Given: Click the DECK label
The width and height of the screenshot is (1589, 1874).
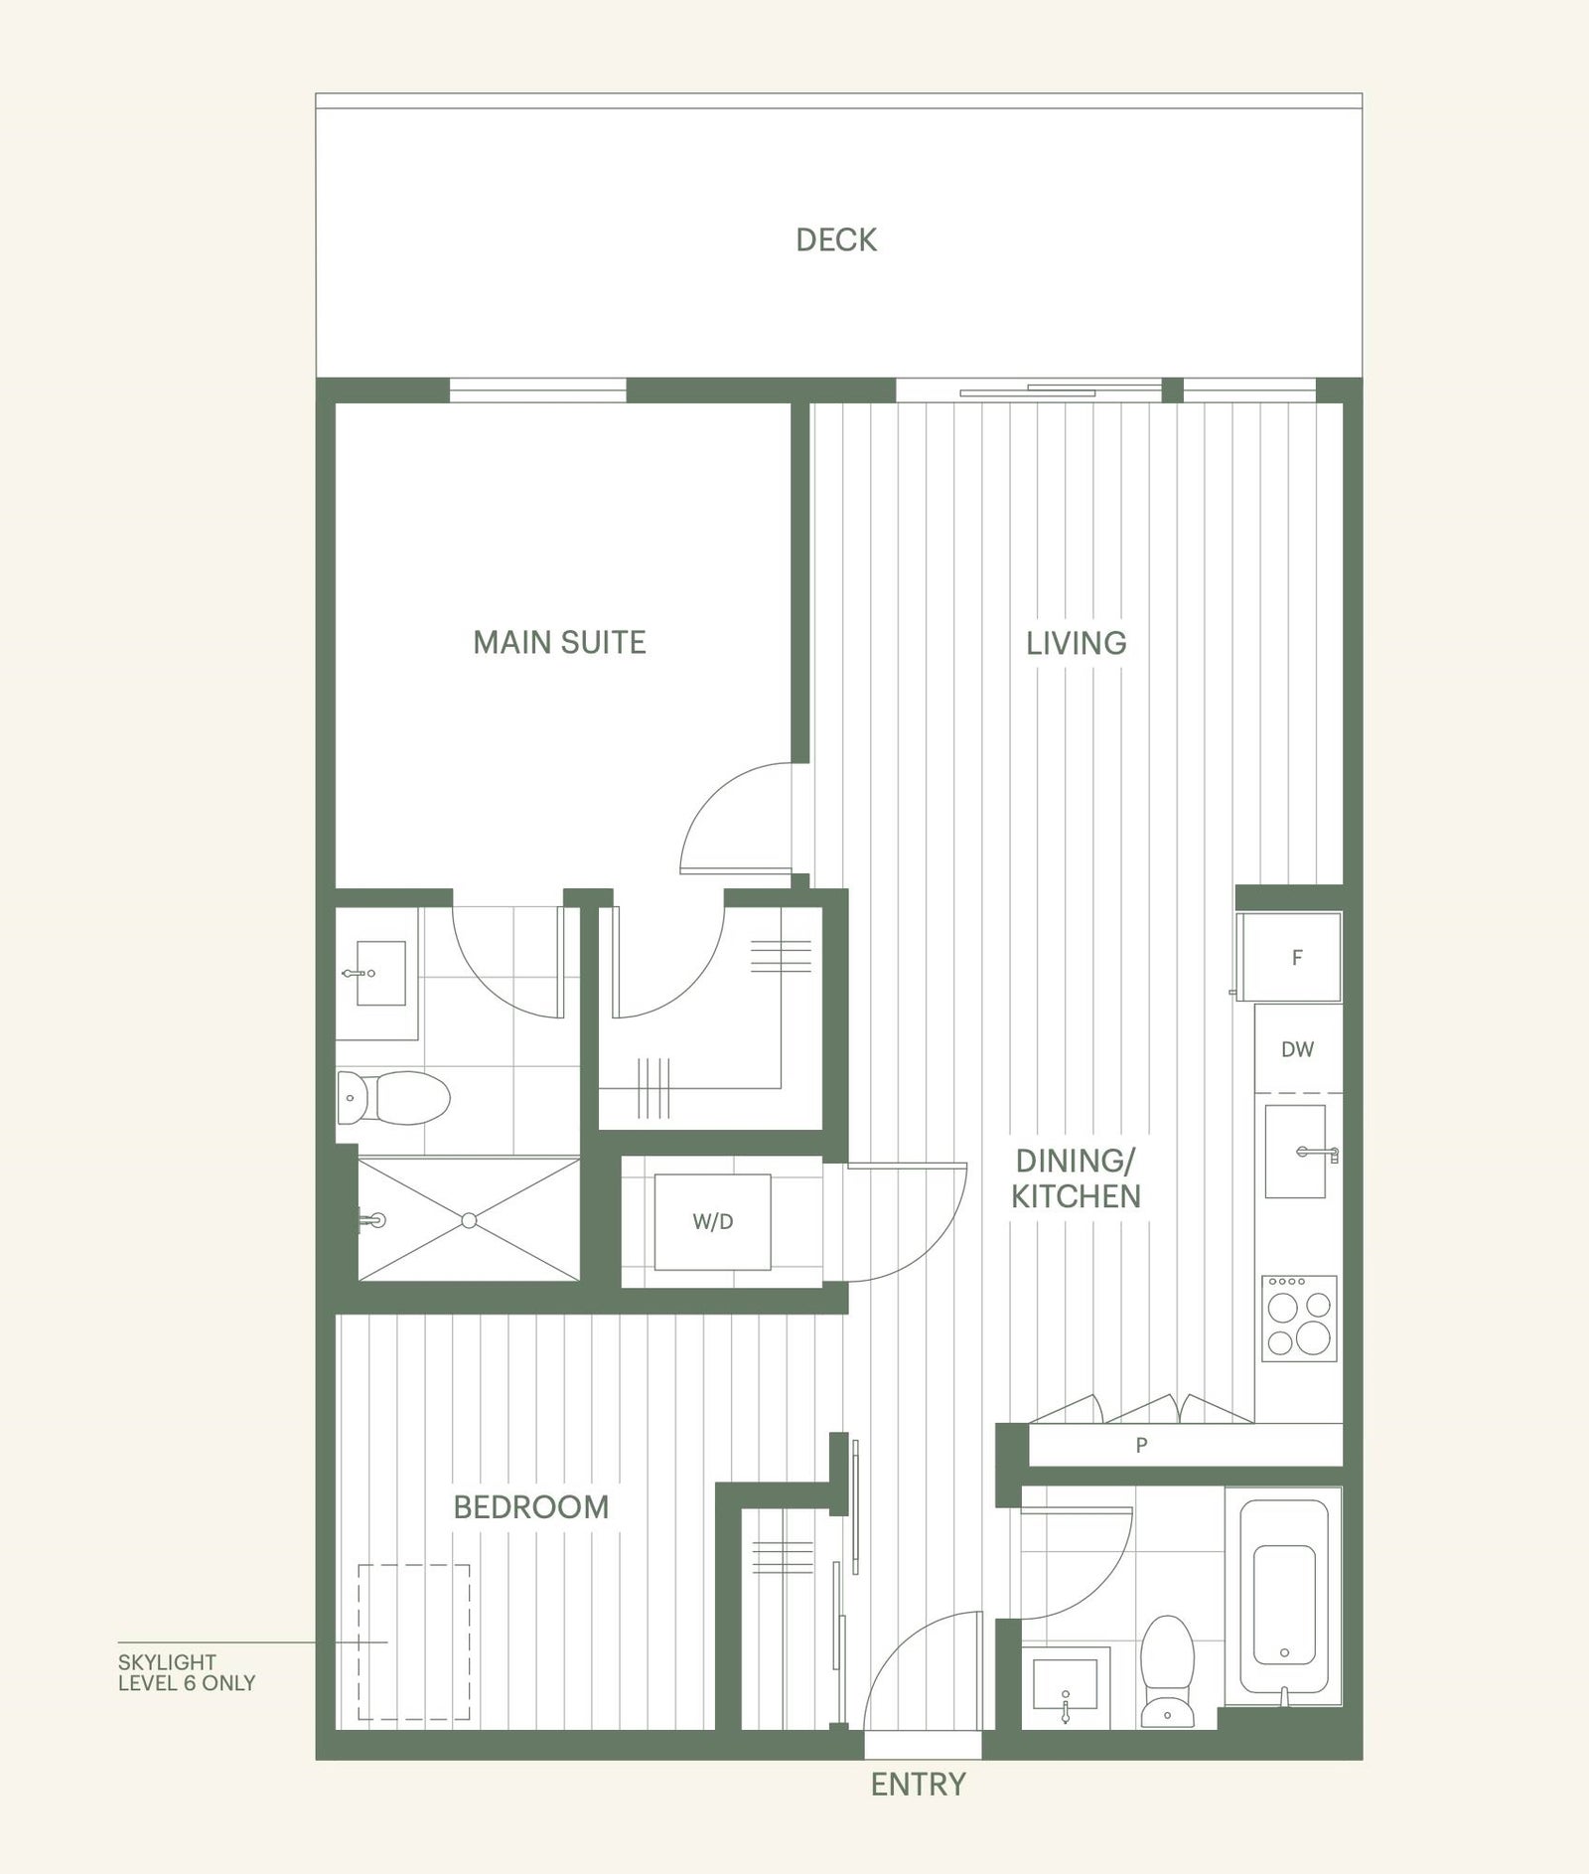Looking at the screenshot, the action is pos(836,239).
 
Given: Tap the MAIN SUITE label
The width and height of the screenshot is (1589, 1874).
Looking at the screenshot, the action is pos(559,642).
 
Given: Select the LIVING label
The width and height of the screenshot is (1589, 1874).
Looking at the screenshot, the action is pos(1077,643).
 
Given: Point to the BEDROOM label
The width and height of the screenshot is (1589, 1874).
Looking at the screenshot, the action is pos(531,1506).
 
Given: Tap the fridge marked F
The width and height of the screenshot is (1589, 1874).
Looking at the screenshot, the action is pos(1290,956).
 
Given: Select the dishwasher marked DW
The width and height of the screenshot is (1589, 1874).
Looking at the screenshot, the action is pos(1298,1048).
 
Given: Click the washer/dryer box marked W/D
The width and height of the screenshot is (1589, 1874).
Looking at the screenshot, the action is pos(713,1222).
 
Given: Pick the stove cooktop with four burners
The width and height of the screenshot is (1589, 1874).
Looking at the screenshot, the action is pos(1299,1319).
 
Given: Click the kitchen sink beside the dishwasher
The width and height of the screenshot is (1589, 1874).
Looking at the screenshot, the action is pos(1296,1151).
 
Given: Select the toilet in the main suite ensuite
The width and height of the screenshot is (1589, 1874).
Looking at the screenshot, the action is pos(393,1097).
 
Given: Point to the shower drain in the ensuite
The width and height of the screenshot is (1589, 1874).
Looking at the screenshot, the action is pos(470,1220).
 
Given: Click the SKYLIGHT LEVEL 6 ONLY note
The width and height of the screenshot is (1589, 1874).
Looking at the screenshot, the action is pos(187,1672).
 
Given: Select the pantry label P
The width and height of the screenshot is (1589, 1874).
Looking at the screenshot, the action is pos(1141,1446).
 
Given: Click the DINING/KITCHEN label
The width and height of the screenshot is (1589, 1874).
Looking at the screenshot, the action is pos(1076,1177).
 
